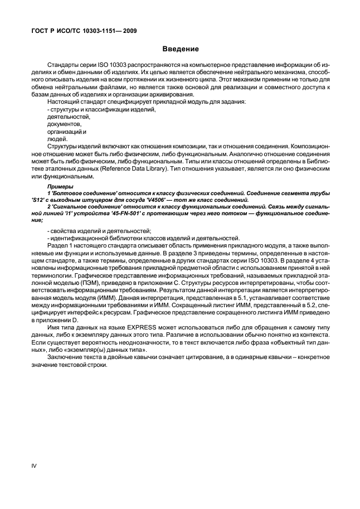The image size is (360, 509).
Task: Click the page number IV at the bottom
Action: (x=33, y=464)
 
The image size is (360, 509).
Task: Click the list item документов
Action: (x=60, y=124)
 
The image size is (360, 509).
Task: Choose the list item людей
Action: (x=56, y=139)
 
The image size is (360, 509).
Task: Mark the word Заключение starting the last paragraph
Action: (x=64, y=357)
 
